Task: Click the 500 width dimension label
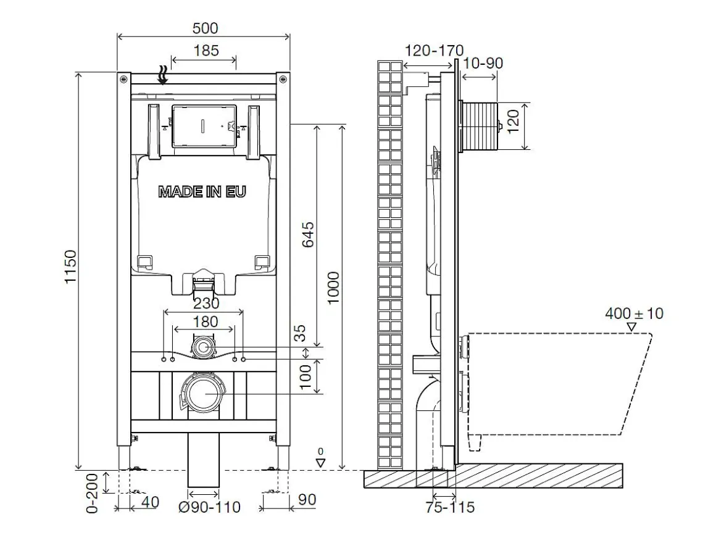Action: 205,28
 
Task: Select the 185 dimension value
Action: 206,50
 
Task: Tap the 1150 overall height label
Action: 70,267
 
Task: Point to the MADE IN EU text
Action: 202,192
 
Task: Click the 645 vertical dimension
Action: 309,234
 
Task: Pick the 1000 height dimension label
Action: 334,288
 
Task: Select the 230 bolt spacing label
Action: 206,303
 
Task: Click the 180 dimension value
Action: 205,321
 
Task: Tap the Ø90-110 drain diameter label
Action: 210,507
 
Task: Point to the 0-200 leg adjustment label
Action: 92,493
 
